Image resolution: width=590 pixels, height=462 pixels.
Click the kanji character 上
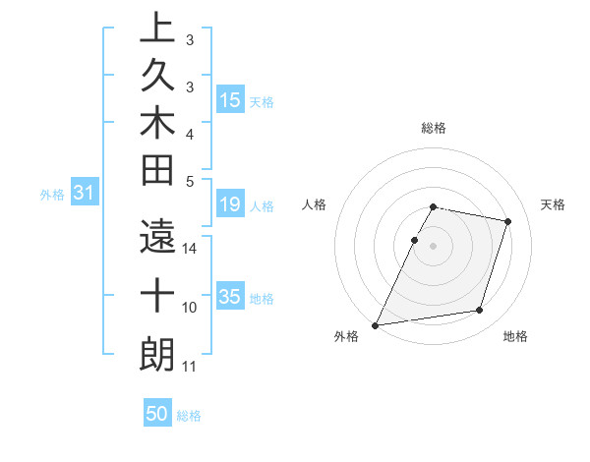(156, 29)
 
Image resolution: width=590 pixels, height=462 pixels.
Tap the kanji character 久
(156, 76)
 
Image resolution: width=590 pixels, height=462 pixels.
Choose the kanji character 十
(156, 295)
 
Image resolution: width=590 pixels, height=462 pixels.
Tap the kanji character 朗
(156, 354)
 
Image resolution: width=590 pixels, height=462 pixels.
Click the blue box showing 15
(230, 100)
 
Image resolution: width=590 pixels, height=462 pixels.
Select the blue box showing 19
(230, 205)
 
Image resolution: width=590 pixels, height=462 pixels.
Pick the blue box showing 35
(230, 298)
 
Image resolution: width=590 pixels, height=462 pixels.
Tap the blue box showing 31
(85, 194)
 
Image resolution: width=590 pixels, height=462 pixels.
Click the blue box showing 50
(157, 415)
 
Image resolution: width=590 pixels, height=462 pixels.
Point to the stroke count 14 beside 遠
(190, 249)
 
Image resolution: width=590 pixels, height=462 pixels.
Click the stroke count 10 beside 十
(190, 308)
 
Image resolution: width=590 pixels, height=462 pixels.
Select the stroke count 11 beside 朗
(190, 367)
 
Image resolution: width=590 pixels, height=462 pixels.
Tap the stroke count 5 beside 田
(190, 181)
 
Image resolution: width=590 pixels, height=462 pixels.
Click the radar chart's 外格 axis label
(346, 337)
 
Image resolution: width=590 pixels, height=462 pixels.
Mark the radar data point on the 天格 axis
(508, 221)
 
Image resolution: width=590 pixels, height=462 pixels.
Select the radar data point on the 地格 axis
(480, 311)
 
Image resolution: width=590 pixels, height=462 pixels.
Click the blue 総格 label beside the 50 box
(189, 416)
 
